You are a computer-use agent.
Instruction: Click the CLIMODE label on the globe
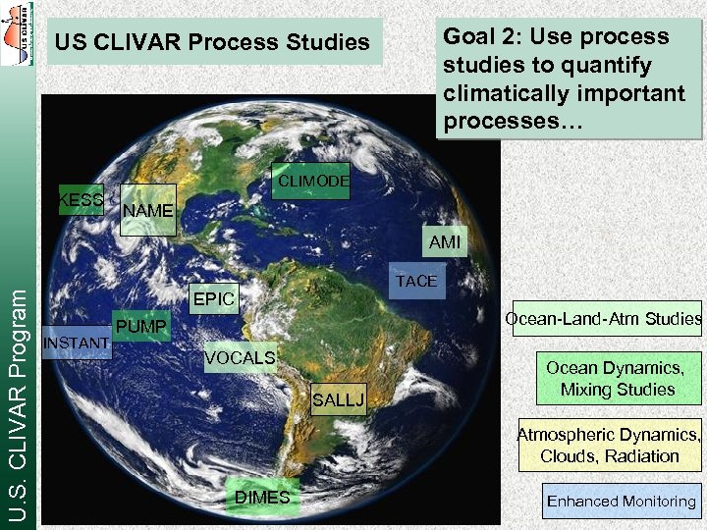click(310, 182)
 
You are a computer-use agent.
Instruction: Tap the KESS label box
click(82, 200)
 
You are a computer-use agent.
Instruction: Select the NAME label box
click(147, 210)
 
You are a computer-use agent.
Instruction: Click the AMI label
click(444, 241)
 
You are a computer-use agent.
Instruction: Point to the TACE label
click(416, 281)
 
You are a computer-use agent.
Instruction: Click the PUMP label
click(141, 325)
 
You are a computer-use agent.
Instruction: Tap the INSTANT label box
click(77, 343)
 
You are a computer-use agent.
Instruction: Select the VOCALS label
click(240, 358)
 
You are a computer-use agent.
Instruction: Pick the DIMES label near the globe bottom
click(261, 498)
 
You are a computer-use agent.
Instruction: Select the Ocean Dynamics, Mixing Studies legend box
click(618, 379)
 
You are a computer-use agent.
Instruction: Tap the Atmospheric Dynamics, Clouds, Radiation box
click(610, 446)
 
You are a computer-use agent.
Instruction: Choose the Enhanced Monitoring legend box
click(622, 502)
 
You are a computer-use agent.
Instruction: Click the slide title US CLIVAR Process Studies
click(212, 42)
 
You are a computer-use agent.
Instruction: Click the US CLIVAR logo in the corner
click(18, 33)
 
